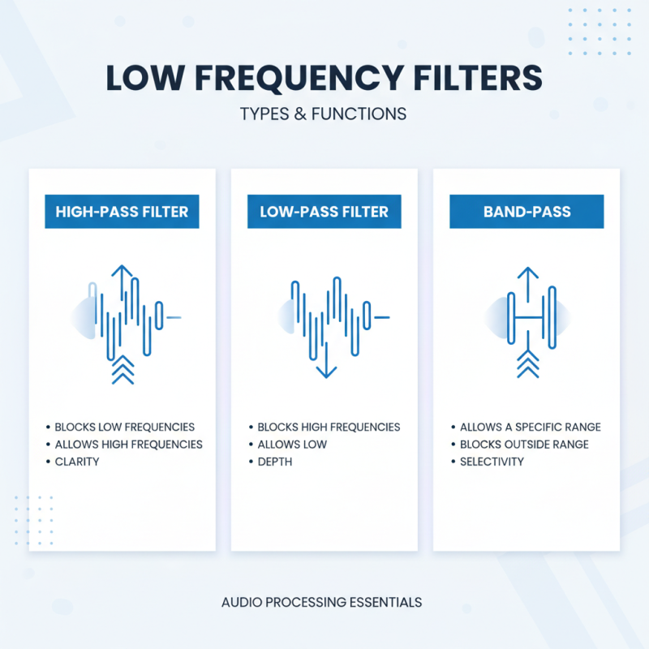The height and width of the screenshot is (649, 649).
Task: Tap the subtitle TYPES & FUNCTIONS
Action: coord(323,114)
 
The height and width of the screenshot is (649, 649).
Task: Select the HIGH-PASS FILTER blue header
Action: coord(122,212)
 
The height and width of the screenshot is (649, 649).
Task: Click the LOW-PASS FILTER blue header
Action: coord(324,212)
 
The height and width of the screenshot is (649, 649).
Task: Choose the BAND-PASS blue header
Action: coord(527,212)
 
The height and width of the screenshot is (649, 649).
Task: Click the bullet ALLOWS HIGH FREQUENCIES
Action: coord(128,444)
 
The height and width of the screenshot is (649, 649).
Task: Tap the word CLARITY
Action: coord(77,462)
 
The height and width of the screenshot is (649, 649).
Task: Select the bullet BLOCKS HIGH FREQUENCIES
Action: coord(329,427)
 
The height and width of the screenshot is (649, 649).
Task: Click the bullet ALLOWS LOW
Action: coord(292,444)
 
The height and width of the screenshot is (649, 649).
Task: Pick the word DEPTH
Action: coord(275,462)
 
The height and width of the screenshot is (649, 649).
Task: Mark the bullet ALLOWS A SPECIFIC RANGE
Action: coord(530,427)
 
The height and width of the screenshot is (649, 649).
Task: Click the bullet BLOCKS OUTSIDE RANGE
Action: coord(524,444)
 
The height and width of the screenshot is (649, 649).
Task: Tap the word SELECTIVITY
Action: coord(492,462)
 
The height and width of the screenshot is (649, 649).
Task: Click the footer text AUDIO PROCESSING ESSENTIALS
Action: coord(321,603)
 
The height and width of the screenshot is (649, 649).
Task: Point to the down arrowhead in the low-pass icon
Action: coord(326,371)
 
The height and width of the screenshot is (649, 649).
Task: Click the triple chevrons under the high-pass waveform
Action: coord(122,369)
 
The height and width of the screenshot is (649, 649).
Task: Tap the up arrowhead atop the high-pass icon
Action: coord(122,271)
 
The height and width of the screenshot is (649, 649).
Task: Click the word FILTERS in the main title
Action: coord(476,78)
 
